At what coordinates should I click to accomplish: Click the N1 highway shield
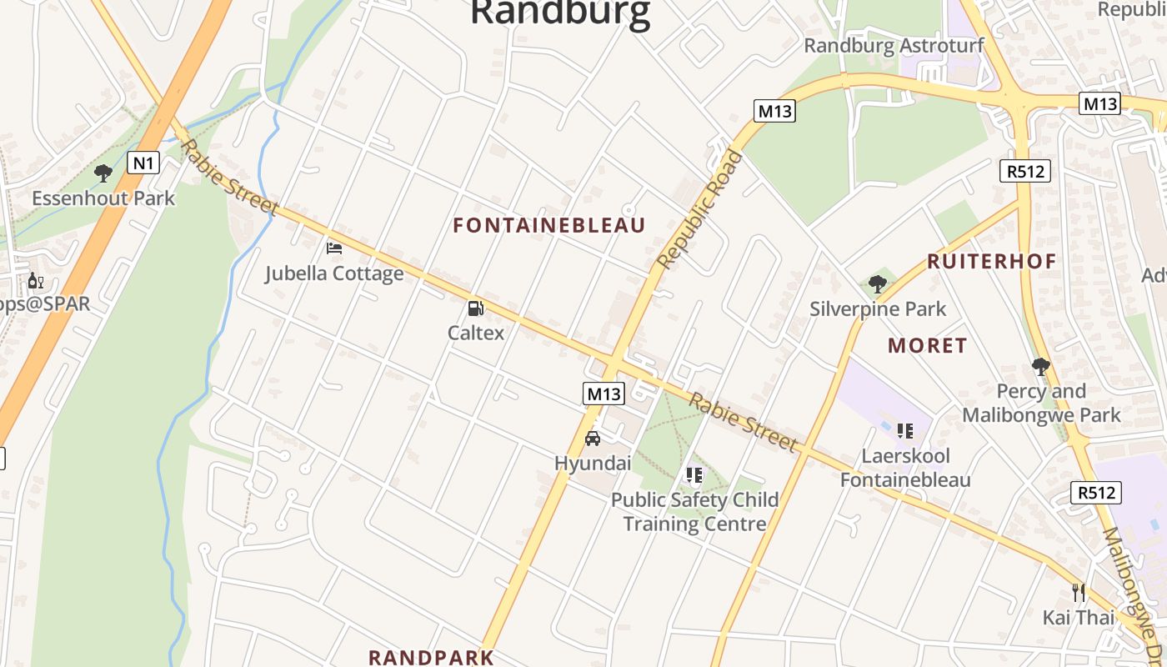tap(143, 163)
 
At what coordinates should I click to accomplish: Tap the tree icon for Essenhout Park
tap(103, 173)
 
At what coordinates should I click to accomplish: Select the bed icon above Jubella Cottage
tap(334, 248)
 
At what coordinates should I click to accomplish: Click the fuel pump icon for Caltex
tap(475, 308)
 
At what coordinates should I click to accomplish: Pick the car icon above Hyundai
tap(593, 439)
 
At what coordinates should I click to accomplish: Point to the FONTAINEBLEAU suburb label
tap(549, 225)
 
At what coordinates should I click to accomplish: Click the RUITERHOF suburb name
tap(992, 261)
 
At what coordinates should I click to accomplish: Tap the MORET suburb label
tap(928, 345)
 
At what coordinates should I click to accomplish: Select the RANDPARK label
tap(431, 657)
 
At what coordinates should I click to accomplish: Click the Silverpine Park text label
tap(878, 309)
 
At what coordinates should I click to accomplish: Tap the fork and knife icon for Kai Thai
tap(1079, 593)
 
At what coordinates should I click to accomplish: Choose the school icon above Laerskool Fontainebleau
tap(904, 431)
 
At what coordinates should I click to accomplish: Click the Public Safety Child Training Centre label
tap(694, 511)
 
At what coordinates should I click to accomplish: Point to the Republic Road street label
tap(700, 209)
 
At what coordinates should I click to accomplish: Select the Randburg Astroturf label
tap(894, 46)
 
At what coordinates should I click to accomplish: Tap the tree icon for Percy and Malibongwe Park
tap(1040, 367)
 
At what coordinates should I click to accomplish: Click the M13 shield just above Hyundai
tap(604, 394)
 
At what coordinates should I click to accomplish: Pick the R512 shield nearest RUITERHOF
tap(1024, 171)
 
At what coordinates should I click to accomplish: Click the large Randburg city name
tap(559, 14)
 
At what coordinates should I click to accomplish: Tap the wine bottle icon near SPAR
tap(35, 280)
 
